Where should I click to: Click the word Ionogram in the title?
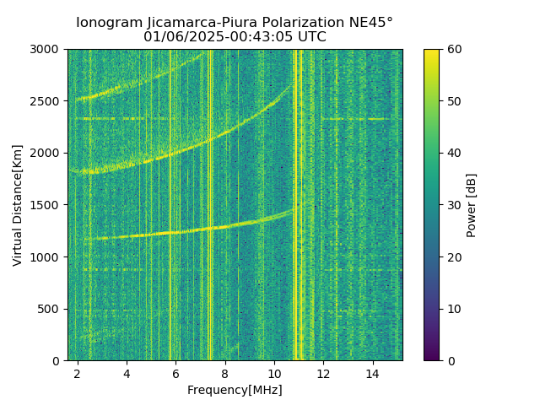coord(108,23)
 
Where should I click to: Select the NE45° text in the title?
coord(365,23)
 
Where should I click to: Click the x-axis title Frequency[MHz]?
coord(235,390)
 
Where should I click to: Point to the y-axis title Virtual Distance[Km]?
coord(18,205)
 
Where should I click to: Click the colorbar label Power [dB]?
coord(472,205)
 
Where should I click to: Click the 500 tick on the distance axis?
coord(51,309)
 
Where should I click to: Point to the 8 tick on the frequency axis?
coord(225,373)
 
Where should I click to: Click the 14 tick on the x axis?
coord(372,373)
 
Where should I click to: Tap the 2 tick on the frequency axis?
coord(78,373)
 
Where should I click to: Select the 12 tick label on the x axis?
coord(323,373)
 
